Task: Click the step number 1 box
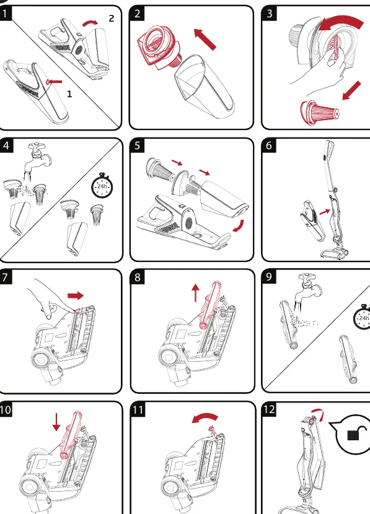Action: (x=5, y=14)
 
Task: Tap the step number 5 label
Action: (x=137, y=146)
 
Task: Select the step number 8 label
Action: (x=138, y=277)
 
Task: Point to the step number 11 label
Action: (x=138, y=410)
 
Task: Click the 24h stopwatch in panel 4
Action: (x=102, y=186)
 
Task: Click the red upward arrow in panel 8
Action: (x=195, y=293)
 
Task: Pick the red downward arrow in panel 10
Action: (x=56, y=422)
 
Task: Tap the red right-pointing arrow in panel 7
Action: (x=76, y=295)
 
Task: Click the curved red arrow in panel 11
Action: (x=205, y=418)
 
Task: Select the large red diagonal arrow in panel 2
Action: (x=205, y=39)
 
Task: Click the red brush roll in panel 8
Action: (x=210, y=305)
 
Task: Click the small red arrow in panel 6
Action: (x=324, y=212)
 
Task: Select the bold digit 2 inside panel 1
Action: (x=112, y=19)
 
